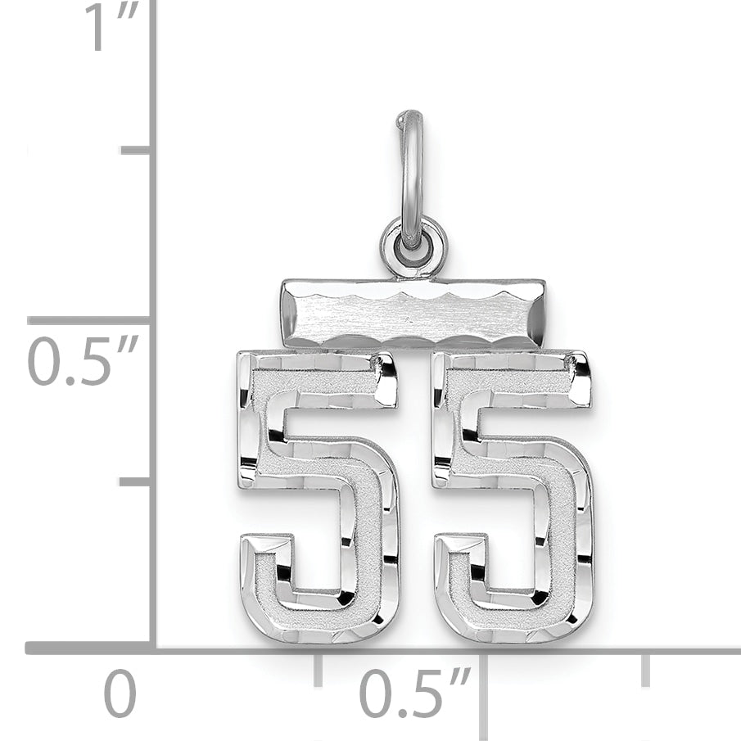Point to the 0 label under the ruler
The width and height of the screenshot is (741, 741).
120,696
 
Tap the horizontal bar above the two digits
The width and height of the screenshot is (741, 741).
413,313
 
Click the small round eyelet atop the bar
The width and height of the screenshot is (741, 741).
413,245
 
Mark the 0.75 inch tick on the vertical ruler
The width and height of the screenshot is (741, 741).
136,150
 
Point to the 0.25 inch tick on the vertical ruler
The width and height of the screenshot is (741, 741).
136,481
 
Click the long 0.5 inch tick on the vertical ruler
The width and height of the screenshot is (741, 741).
90,320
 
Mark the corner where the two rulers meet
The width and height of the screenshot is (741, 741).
152,648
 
